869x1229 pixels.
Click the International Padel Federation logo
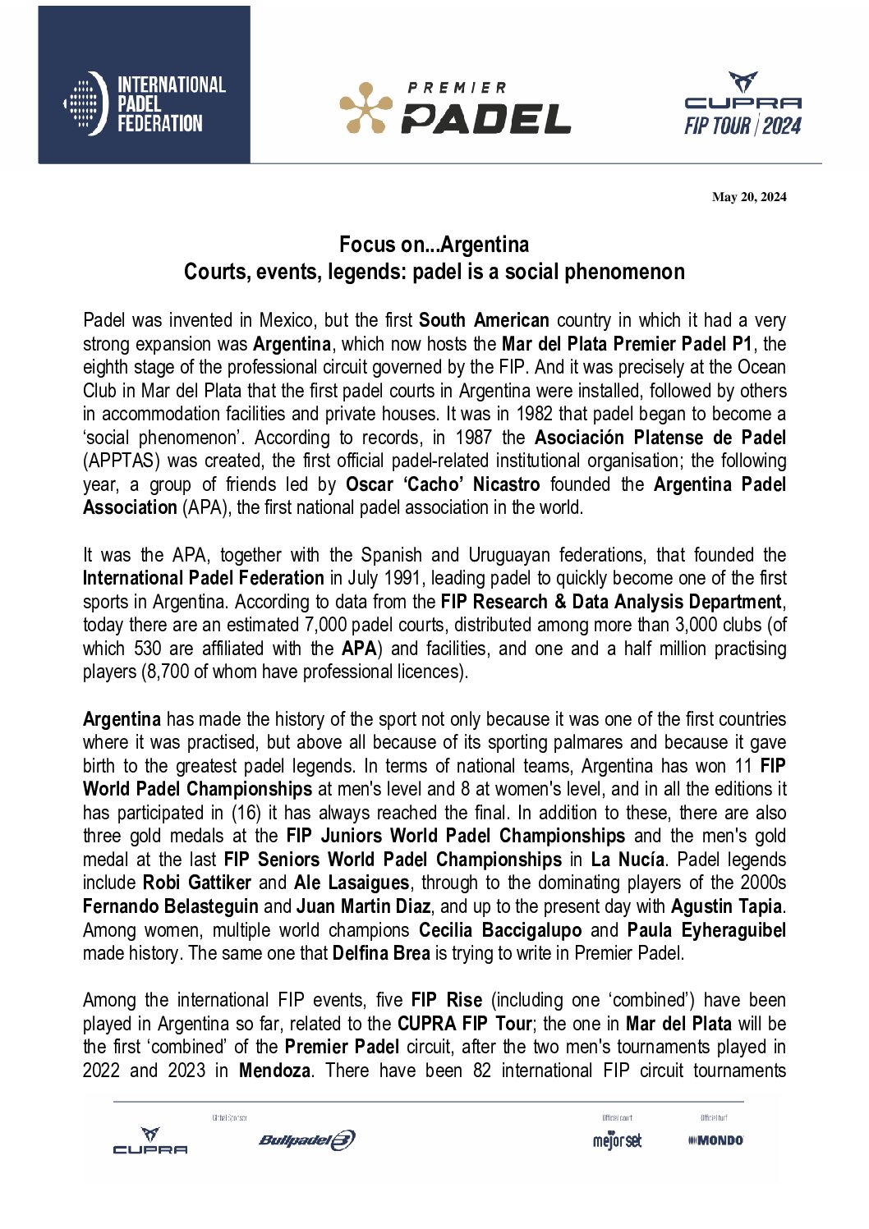[x=145, y=103]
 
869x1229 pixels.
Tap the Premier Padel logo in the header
[x=455, y=108]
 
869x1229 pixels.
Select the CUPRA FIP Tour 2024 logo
[x=743, y=104]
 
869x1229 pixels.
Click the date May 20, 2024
[x=749, y=197]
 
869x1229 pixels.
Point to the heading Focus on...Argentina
[x=434, y=245]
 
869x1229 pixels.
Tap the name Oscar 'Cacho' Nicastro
[x=443, y=484]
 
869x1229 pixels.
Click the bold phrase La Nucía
[x=628, y=860]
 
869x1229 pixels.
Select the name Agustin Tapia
[x=726, y=906]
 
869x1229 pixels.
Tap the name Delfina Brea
[x=381, y=953]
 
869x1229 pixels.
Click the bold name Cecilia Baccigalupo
[x=499, y=930]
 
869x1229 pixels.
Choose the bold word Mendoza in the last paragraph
[x=274, y=1071]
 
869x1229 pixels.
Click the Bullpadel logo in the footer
[x=306, y=1140]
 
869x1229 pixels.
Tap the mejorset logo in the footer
[x=617, y=1140]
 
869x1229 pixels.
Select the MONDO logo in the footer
[x=715, y=1140]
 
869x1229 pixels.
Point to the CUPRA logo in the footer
[x=149, y=1140]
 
